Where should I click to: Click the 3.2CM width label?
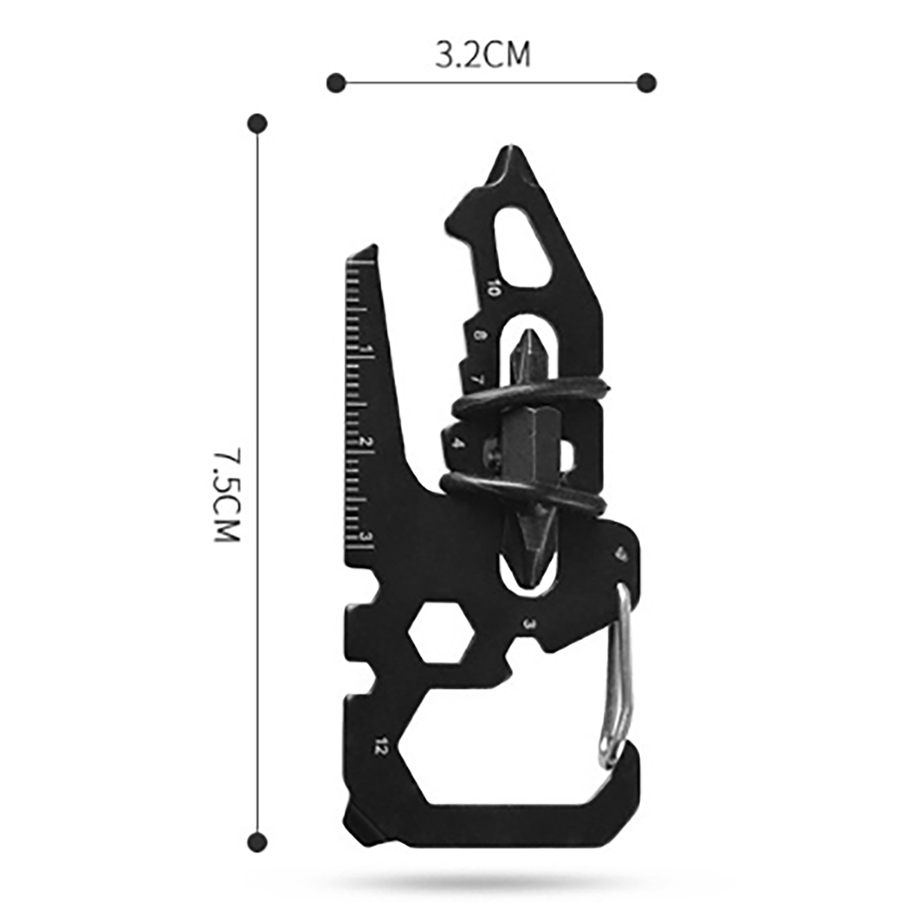(x=482, y=56)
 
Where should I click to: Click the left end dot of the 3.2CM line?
(x=336, y=83)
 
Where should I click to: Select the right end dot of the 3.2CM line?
(x=646, y=83)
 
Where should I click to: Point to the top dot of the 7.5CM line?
(x=257, y=123)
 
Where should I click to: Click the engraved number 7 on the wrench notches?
(x=477, y=379)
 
